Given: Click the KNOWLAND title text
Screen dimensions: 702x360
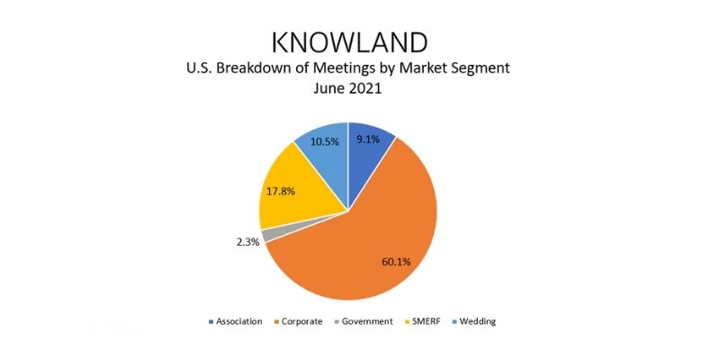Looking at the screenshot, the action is [x=350, y=42].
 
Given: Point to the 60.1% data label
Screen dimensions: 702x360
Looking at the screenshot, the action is [x=396, y=262].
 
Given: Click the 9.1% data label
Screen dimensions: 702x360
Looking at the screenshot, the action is [x=368, y=139].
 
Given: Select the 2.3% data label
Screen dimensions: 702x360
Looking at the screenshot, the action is [x=248, y=242].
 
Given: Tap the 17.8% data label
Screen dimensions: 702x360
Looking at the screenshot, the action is [x=281, y=192].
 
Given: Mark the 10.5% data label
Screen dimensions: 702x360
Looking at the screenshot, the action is [x=325, y=142].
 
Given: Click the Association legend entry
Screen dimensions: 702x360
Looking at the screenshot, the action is [x=236, y=321].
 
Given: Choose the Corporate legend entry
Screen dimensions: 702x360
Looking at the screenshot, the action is [x=299, y=321].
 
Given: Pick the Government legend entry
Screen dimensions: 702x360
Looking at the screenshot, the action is [x=364, y=321].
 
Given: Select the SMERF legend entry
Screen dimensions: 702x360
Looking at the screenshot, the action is [x=422, y=321].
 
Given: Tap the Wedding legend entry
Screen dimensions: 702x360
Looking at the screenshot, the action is [x=474, y=321].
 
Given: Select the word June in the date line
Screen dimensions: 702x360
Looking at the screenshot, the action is [x=328, y=88].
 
